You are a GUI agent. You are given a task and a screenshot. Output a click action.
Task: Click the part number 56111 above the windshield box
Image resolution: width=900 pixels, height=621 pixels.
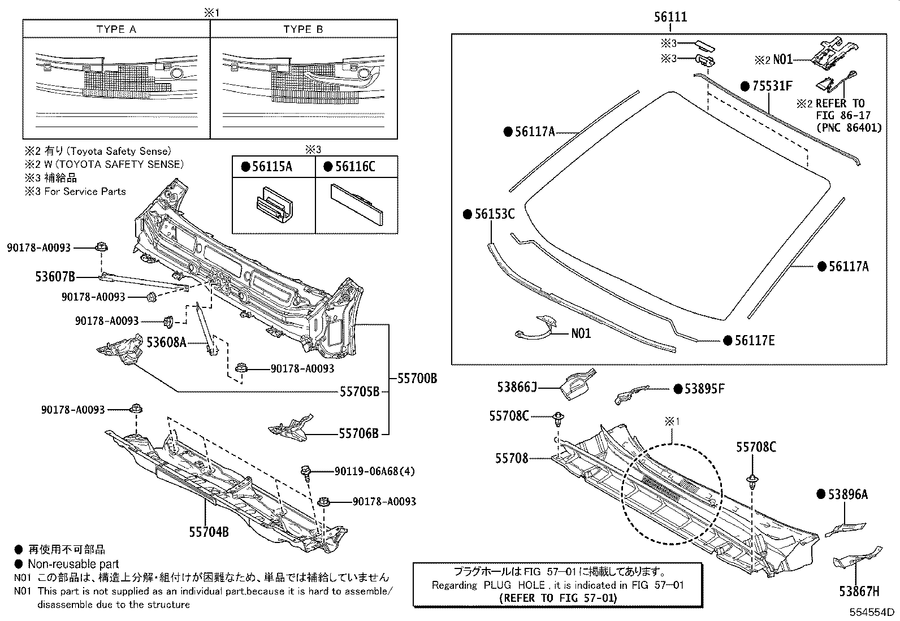click(670, 17)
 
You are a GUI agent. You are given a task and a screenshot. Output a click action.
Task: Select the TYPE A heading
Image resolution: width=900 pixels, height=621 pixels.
click(116, 29)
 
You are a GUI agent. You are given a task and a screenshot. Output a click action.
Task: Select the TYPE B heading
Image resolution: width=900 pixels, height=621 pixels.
click(304, 29)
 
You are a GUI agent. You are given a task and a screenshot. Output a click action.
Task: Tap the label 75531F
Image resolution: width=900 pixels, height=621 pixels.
click(772, 86)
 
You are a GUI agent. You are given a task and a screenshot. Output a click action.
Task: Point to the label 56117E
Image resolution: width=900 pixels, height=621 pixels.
click(754, 340)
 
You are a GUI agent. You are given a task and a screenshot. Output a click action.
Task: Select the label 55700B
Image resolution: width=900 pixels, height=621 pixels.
click(417, 379)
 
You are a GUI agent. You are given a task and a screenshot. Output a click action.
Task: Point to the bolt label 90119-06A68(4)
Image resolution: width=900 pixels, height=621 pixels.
click(375, 471)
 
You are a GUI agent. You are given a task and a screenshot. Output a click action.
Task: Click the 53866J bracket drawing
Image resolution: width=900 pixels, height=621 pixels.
click(576, 385)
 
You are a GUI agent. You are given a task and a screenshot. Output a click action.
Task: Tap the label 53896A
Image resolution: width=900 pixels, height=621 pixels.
click(849, 494)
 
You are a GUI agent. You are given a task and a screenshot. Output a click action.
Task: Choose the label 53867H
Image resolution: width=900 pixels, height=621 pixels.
click(859, 592)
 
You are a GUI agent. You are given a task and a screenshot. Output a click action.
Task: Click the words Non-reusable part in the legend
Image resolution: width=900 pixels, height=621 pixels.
click(73, 564)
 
